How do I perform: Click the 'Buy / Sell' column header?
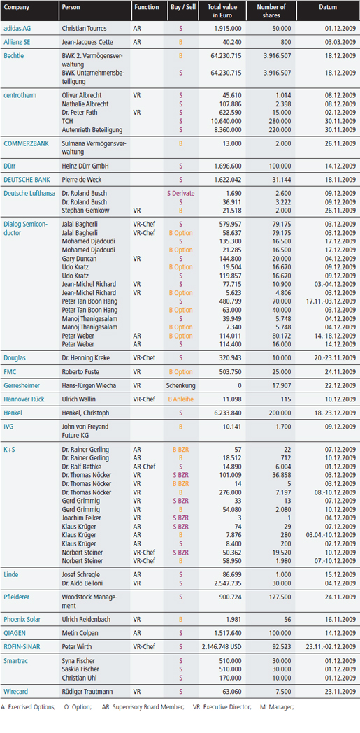181,8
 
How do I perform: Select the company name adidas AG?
17,29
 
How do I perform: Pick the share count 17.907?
281,386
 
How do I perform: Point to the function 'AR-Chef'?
143,467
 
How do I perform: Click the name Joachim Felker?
81,518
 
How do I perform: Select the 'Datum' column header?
328,8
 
